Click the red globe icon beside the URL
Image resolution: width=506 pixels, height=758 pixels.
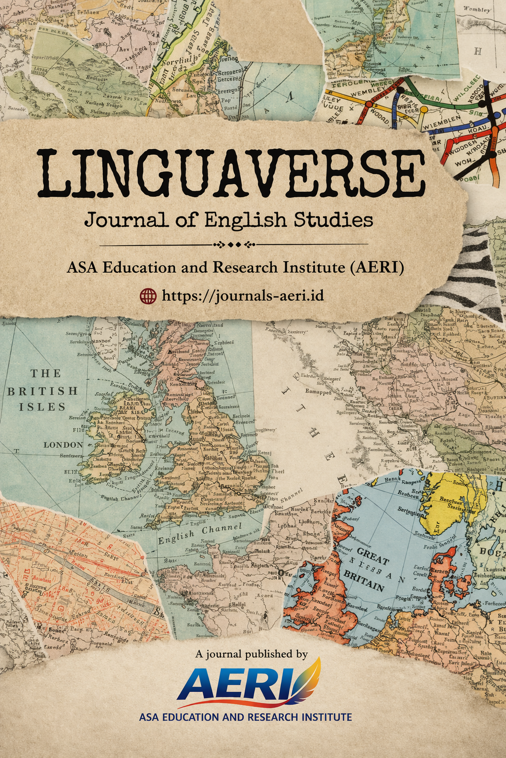(148, 295)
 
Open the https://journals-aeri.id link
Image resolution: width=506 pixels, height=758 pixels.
(243, 295)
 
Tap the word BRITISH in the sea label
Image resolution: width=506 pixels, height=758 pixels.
(42, 391)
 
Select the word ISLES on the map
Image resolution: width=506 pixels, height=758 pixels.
(42, 407)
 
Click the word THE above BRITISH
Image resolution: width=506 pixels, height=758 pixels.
(46, 374)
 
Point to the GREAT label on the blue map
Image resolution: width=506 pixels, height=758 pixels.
(373, 556)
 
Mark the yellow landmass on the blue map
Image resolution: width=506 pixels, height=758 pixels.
(453, 500)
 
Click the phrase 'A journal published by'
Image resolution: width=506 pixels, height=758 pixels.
(252, 654)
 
